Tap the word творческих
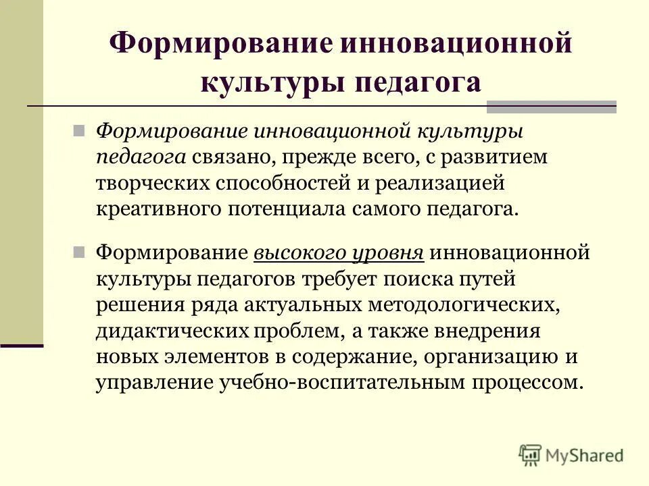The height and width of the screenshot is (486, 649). point(153,182)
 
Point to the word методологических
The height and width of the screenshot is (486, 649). point(464,304)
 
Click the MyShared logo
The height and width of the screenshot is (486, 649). point(571,456)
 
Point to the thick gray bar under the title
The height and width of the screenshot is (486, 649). point(552,106)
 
